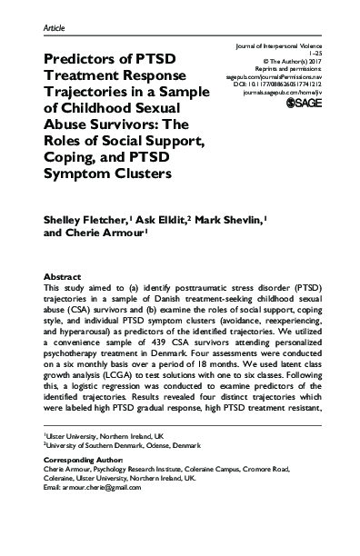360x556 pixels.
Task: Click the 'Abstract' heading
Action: click(x=65, y=274)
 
